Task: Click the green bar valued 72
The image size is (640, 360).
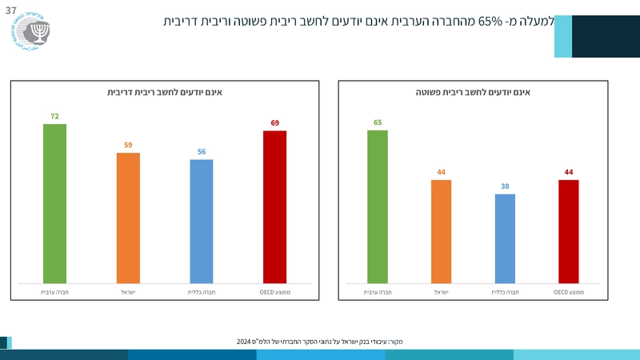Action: click(x=54, y=203)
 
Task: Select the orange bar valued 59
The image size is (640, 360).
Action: click(x=128, y=218)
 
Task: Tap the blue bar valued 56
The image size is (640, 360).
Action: click(x=202, y=221)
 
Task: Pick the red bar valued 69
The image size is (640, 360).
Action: click(x=274, y=206)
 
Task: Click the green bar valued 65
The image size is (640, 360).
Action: click(x=378, y=206)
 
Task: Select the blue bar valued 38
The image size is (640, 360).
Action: click(x=505, y=238)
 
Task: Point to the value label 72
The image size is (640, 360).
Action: click(x=54, y=116)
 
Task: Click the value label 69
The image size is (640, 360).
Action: click(x=274, y=122)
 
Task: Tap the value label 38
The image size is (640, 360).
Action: click(x=505, y=186)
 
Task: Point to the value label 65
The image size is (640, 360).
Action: click(x=378, y=122)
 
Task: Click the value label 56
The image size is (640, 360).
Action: click(x=202, y=151)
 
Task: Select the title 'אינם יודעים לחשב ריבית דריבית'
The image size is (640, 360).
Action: click(x=165, y=93)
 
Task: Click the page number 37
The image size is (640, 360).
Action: click(x=11, y=8)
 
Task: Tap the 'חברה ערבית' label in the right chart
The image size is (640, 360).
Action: click(x=378, y=293)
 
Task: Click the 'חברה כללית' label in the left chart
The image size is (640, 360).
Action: click(x=202, y=293)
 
